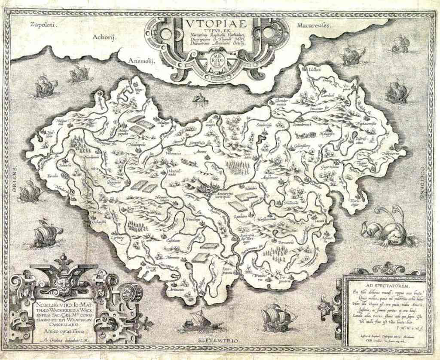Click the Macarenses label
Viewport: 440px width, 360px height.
pyautogui.click(x=312, y=26)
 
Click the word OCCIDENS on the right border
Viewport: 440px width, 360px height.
pyautogui.click(x=423, y=181)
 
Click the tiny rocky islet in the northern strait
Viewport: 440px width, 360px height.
pyautogui.click(x=200, y=99)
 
